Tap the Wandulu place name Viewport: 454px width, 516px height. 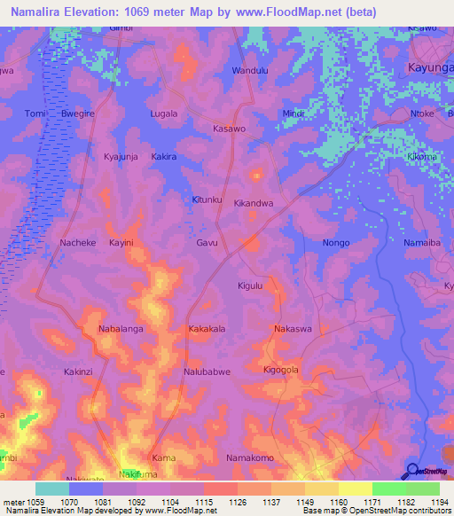pyautogui.click(x=249, y=70)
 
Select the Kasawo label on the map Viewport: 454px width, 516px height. pyautogui.click(x=230, y=129)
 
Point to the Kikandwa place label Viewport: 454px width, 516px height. pyautogui.click(x=253, y=203)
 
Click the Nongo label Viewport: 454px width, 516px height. pyautogui.click(x=336, y=243)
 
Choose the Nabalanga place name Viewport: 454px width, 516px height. pyautogui.click(x=121, y=329)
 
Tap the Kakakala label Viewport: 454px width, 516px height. pyautogui.click(x=207, y=329)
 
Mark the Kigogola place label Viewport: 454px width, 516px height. pyautogui.click(x=281, y=369)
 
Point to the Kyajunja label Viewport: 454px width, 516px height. pyautogui.click(x=122, y=156)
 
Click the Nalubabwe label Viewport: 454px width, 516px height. pyautogui.click(x=207, y=372)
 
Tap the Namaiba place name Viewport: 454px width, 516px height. pyautogui.click(x=421, y=243)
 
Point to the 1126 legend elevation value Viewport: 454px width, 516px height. pyautogui.click(x=237, y=501)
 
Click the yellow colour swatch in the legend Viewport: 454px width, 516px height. pyautogui.click(x=355, y=489)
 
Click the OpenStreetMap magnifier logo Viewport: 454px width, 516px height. pyautogui.click(x=412, y=472)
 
